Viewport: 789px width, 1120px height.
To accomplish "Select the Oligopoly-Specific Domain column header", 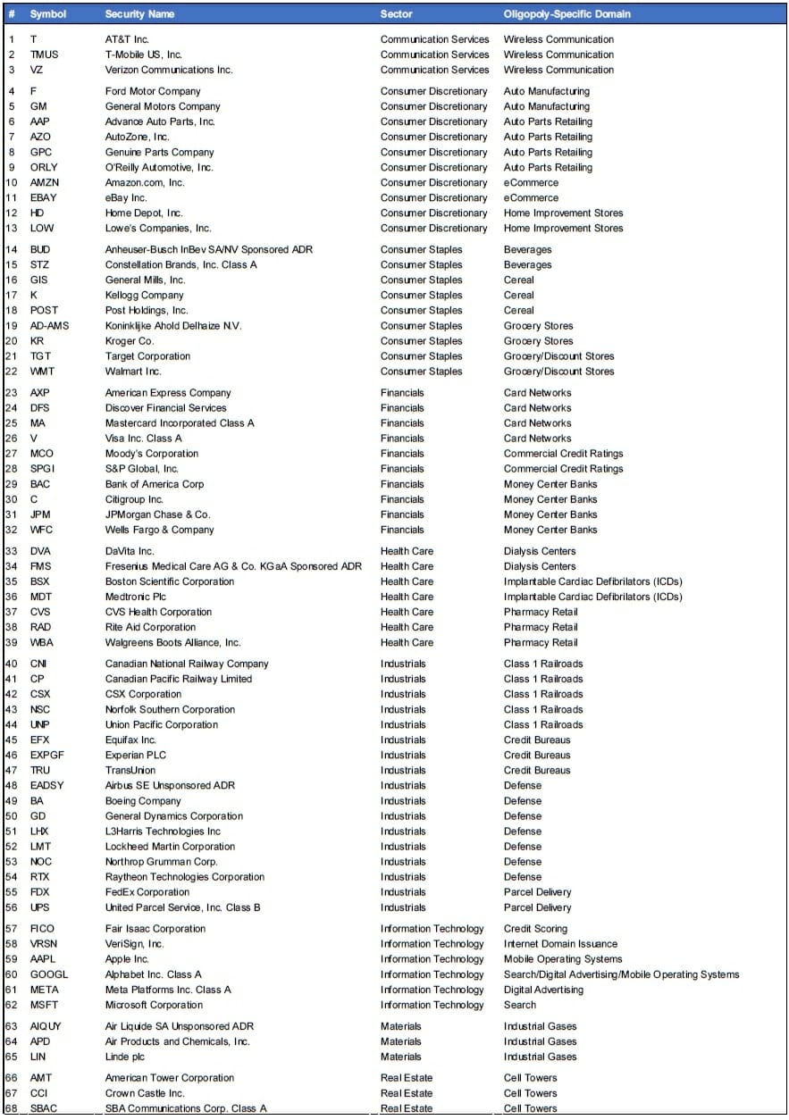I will (567, 14).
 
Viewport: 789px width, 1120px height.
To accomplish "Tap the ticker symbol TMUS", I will (44, 54).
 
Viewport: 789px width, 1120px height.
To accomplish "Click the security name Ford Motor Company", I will (153, 91).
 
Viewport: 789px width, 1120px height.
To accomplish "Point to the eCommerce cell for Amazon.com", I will (531, 182).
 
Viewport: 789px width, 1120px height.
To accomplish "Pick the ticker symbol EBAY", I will (45, 197).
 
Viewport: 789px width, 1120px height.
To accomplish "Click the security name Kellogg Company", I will (144, 295).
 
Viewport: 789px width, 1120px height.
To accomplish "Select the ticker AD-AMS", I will (49, 326).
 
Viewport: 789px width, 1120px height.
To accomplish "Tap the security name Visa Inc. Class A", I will (143, 439).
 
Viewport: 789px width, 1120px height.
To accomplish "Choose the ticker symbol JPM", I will (41, 514).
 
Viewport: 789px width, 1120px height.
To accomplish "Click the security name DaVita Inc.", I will (130, 551).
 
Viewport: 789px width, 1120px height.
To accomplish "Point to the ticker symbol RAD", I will (41, 627).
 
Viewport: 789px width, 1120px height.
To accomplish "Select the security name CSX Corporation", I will (143, 694).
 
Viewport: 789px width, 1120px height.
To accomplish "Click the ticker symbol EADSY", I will (47, 786).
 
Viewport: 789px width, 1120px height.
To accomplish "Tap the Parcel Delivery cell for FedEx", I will (537, 892).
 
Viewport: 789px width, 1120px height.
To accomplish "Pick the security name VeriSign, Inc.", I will (134, 944).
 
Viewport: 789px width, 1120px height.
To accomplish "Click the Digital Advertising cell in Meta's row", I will (543, 990).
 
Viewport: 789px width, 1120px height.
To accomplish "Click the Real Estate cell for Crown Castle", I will (406, 1093).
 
